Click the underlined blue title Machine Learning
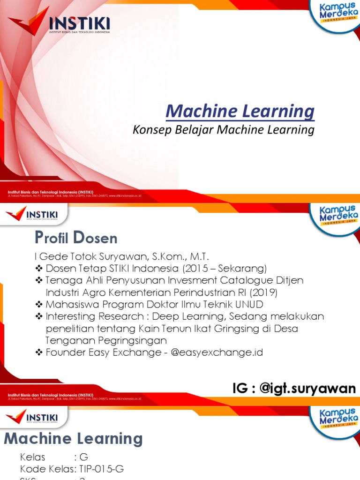pyautogui.click(x=240, y=112)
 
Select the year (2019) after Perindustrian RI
pyautogui.click(x=263, y=292)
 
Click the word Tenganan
pyautogui.click(x=68, y=340)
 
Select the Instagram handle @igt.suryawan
pyautogui.click(x=310, y=388)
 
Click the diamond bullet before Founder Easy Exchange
pyautogui.click(x=39, y=352)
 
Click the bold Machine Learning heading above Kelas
pyautogui.click(x=73, y=439)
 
